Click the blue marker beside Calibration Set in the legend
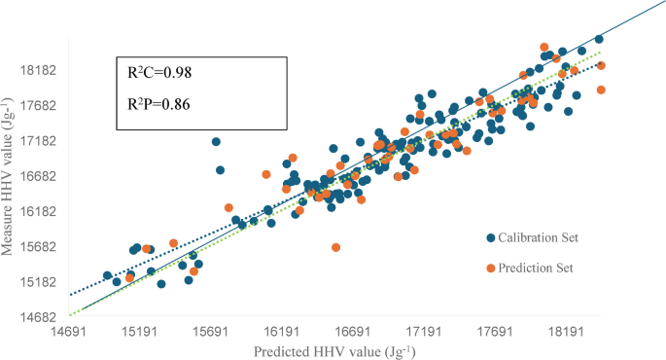491,236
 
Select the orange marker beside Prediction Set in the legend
491,268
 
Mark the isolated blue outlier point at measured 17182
216,142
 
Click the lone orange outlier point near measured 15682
335,247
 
